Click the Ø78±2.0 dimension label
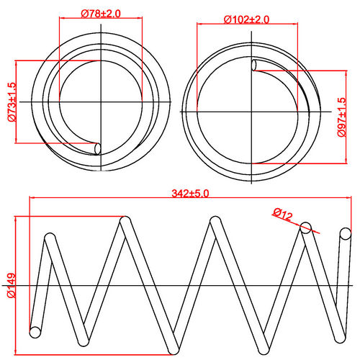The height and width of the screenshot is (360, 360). coord(100,14)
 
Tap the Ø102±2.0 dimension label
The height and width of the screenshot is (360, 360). coord(246,19)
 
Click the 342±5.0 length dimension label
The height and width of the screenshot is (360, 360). coord(190,193)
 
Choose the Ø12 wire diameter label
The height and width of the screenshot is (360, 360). coord(282,214)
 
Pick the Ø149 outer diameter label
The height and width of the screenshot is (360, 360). coord(12,285)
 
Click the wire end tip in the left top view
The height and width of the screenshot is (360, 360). coord(99,148)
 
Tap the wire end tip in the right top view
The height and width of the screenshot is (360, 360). coord(254,66)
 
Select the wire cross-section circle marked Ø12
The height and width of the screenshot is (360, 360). coord(306,228)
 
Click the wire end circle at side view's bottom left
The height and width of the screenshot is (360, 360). coord(34,332)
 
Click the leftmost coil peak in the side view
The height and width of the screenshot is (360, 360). coord(50,237)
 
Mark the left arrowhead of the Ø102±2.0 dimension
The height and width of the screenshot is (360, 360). coord(197,26)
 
